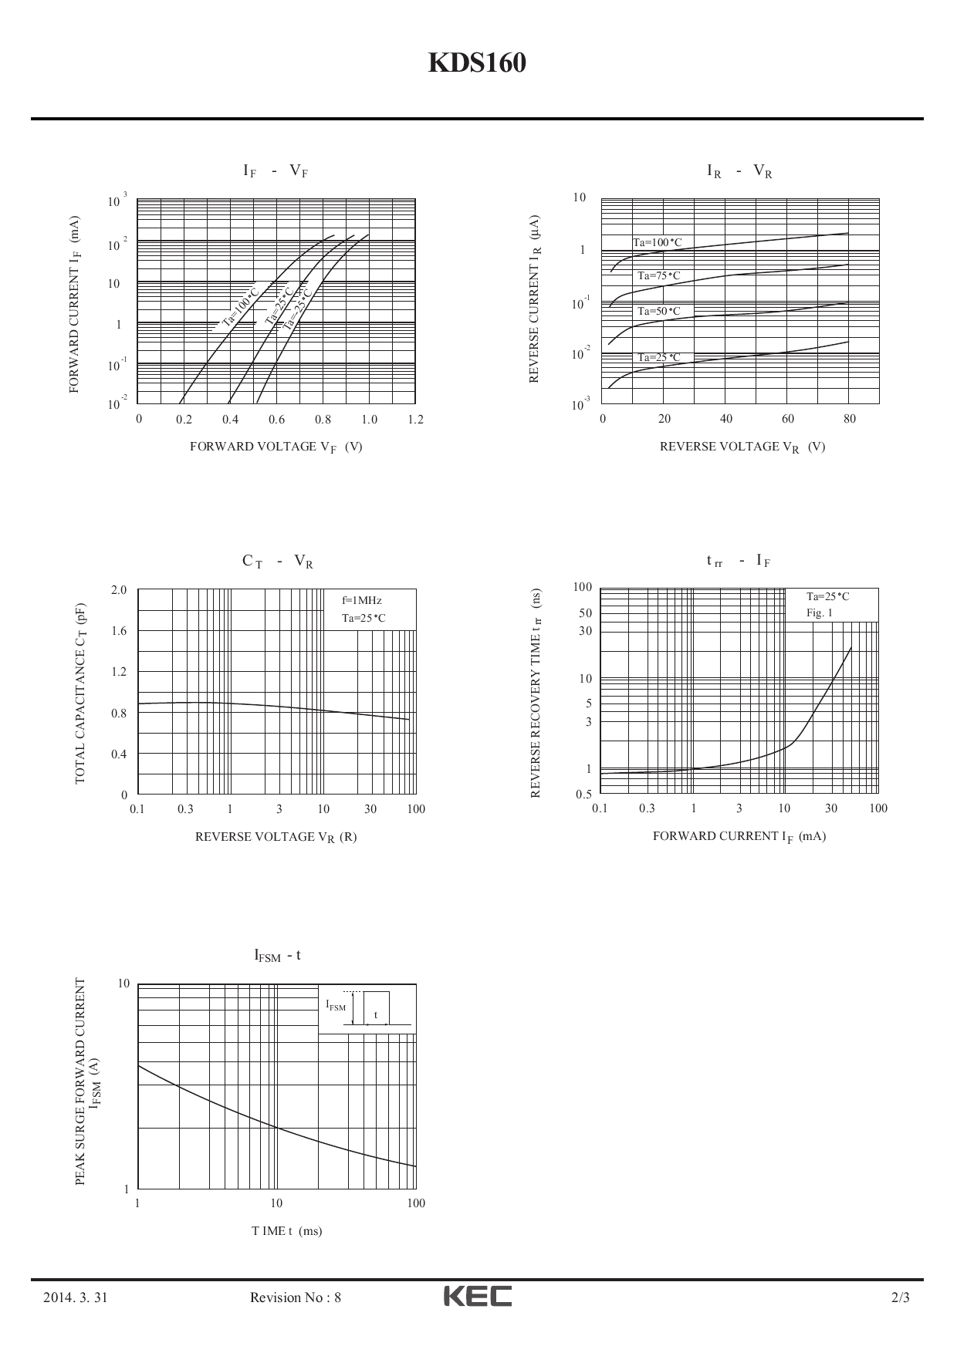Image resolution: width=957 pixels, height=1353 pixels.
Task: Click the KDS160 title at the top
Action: coord(477,64)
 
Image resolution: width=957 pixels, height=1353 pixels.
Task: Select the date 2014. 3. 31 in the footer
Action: coord(75,1297)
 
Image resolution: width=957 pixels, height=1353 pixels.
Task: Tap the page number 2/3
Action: coord(900,1297)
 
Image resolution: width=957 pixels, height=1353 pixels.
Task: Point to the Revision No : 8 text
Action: coord(296,1297)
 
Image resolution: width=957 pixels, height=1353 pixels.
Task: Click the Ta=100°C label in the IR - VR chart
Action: coord(658,243)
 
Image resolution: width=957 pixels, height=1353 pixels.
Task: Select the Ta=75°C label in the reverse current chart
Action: coord(659,276)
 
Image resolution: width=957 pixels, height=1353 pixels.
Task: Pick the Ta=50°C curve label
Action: coord(659,312)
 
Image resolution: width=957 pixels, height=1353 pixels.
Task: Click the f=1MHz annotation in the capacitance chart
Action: coord(362,600)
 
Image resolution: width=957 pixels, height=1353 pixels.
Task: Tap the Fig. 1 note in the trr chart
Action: coord(820,613)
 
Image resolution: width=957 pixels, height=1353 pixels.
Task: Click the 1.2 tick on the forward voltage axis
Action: coord(415,420)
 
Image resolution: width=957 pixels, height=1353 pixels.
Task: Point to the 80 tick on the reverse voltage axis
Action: coord(849,419)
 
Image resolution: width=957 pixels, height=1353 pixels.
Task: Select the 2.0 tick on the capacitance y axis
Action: coord(118,590)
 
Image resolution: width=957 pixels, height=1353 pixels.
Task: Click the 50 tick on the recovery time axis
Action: coord(586,613)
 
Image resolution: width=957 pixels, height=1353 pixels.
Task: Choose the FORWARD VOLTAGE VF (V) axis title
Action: coord(276,447)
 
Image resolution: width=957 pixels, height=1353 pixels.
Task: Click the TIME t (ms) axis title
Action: coord(286,1231)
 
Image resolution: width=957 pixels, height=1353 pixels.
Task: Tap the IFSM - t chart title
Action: coord(277,956)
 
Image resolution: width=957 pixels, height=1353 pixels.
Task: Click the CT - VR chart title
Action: coord(277,562)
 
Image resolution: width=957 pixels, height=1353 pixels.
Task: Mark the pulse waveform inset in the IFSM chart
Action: coord(367,1008)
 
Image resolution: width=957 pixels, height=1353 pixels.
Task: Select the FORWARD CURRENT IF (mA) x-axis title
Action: coord(739,836)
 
